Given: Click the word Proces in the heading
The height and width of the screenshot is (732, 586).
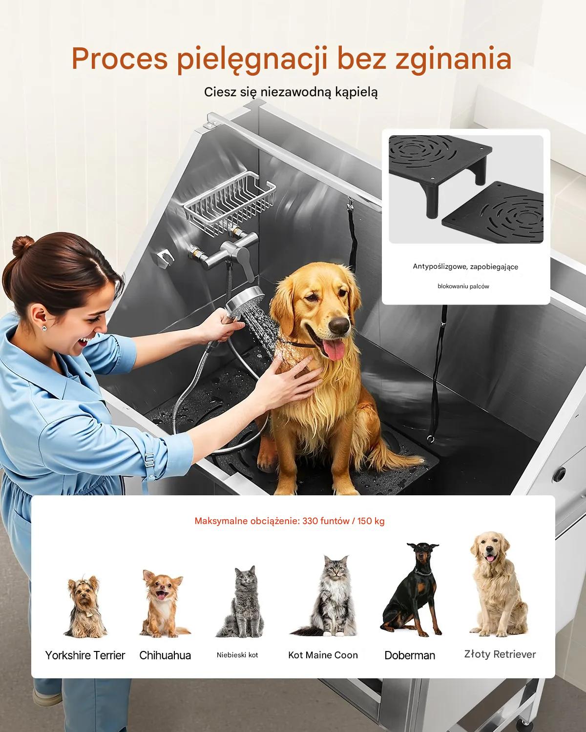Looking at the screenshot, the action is coord(120,58).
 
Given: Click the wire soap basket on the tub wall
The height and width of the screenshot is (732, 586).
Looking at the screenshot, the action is coord(230,203).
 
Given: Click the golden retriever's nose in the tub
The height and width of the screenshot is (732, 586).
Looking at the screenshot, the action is coord(339,325).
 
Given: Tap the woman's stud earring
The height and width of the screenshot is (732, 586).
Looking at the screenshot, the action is coord(44,327).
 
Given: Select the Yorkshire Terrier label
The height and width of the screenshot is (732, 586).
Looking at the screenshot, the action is coord(85,655).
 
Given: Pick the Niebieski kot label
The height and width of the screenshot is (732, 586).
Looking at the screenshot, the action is coord(237,655).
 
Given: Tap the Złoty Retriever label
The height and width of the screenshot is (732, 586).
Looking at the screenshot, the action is coord(500,654).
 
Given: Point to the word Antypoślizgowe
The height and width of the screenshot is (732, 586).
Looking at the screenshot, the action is coord(439,266).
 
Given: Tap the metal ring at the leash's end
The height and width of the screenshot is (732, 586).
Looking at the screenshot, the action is coord(431,440).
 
